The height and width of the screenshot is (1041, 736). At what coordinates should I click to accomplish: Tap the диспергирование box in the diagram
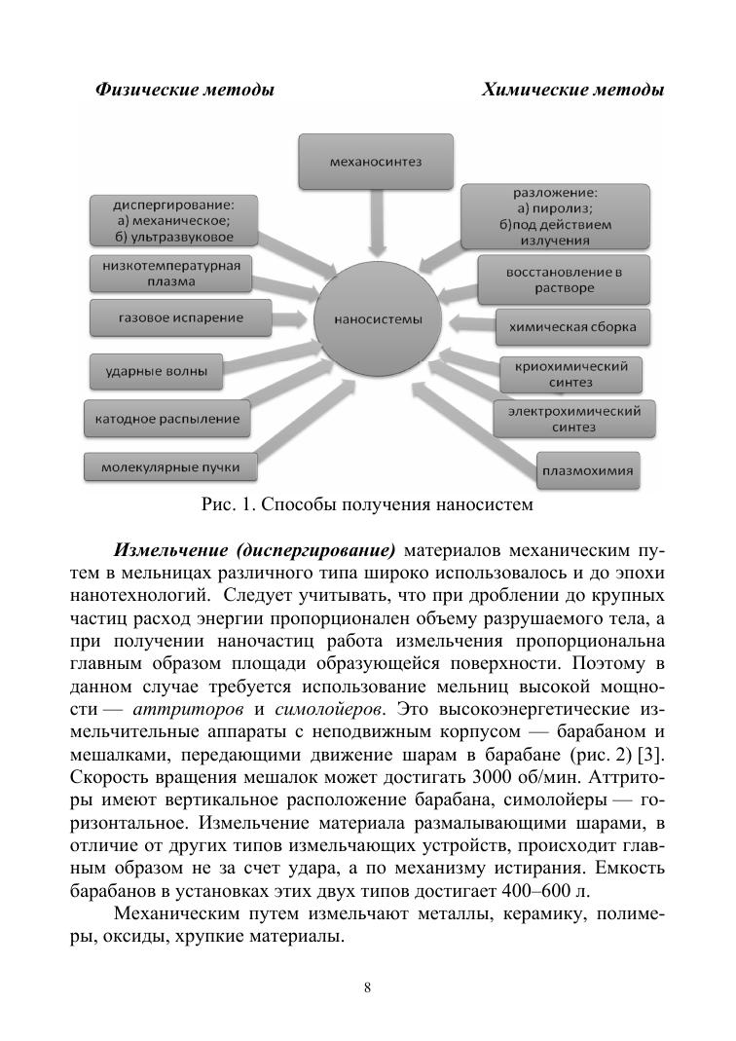coord(172,221)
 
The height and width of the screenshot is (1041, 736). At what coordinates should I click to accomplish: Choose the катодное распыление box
coord(166,419)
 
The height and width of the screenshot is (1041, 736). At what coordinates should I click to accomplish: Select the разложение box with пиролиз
coord(555,215)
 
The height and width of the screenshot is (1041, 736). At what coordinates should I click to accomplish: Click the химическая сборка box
coord(572,327)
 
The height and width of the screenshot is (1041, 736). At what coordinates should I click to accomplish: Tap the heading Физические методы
coord(184,91)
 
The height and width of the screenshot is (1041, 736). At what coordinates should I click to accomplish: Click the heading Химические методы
coord(572,91)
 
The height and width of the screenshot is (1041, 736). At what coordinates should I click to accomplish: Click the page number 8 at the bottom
coord(367,987)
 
